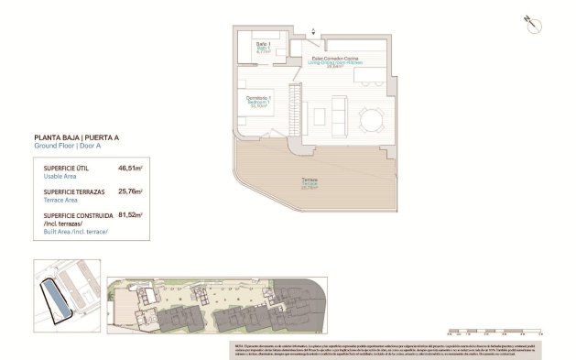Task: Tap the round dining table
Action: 372,119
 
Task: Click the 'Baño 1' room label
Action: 263,48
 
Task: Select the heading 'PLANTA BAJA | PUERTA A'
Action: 77,137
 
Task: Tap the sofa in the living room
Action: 340,117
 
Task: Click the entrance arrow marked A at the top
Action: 314,31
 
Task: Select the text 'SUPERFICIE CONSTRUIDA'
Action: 79,215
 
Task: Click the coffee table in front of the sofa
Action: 317,117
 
